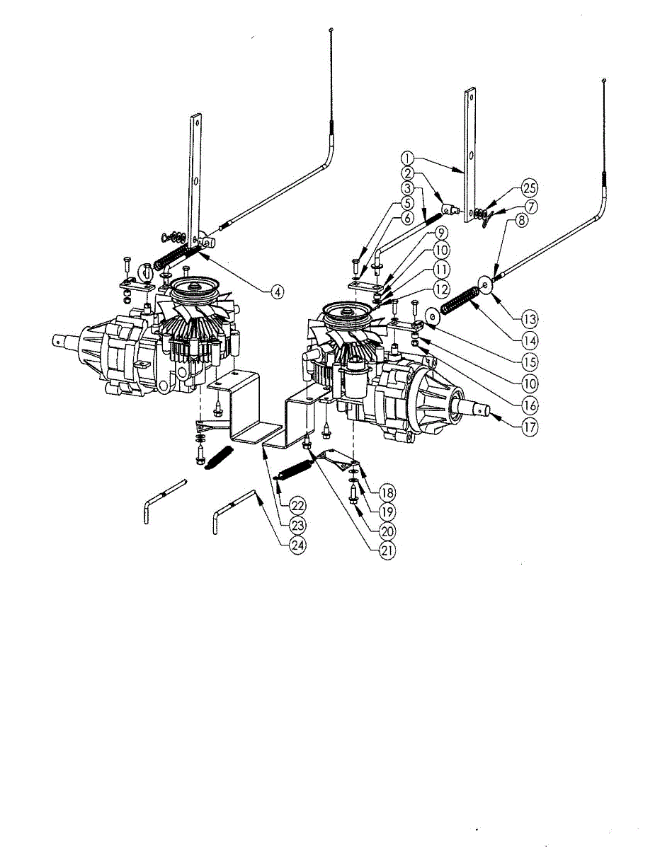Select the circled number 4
tap(279, 290)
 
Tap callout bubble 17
tap(526, 428)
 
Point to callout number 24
tap(299, 544)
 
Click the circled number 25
tap(529, 188)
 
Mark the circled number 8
tap(520, 220)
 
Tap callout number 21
tap(386, 549)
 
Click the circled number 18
tap(387, 492)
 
